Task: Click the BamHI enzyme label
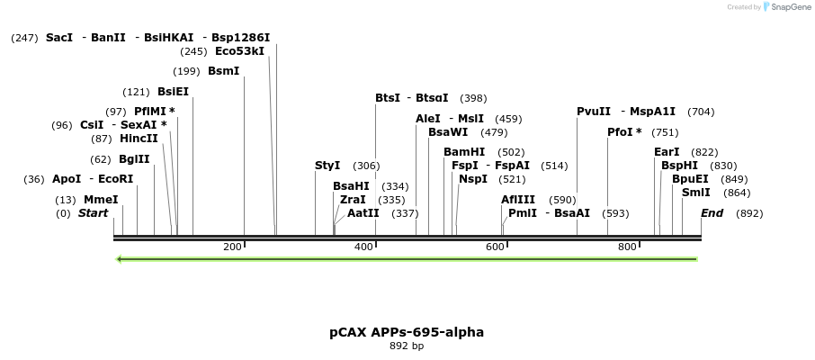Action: pyautogui.click(x=464, y=152)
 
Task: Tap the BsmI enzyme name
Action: pyautogui.click(x=223, y=71)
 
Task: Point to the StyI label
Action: pyautogui.click(x=327, y=166)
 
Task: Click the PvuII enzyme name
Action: pyautogui.click(x=594, y=112)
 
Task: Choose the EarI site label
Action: pyautogui.click(x=667, y=152)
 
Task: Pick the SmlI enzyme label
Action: pyautogui.click(x=696, y=193)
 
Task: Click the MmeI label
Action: pyautogui.click(x=101, y=200)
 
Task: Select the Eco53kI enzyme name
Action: pyautogui.click(x=240, y=51)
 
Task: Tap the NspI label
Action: pyautogui.click(x=473, y=179)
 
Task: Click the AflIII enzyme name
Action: pyautogui.click(x=518, y=200)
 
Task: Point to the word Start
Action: pyautogui.click(x=93, y=213)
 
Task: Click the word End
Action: pyautogui.click(x=712, y=213)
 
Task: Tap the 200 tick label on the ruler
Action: pyautogui.click(x=232, y=247)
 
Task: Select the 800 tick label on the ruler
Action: pyautogui.click(x=627, y=247)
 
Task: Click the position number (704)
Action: pyautogui.click(x=701, y=112)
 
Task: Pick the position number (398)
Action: pyautogui.click(x=473, y=98)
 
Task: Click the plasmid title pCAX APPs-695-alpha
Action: pyautogui.click(x=407, y=332)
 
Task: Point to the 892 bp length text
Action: pyautogui.click(x=407, y=346)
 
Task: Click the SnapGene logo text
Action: pyautogui.click(x=788, y=7)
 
